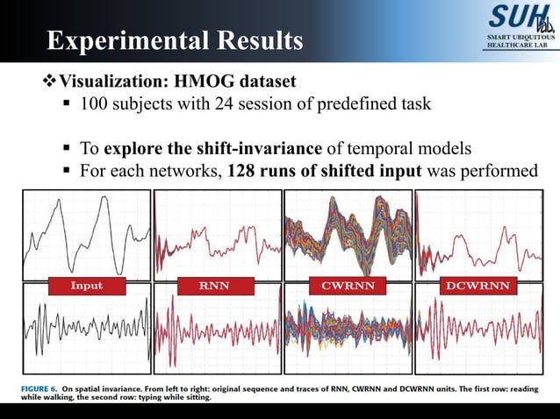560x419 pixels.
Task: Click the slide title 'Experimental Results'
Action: (175, 40)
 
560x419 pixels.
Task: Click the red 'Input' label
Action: (86, 285)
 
